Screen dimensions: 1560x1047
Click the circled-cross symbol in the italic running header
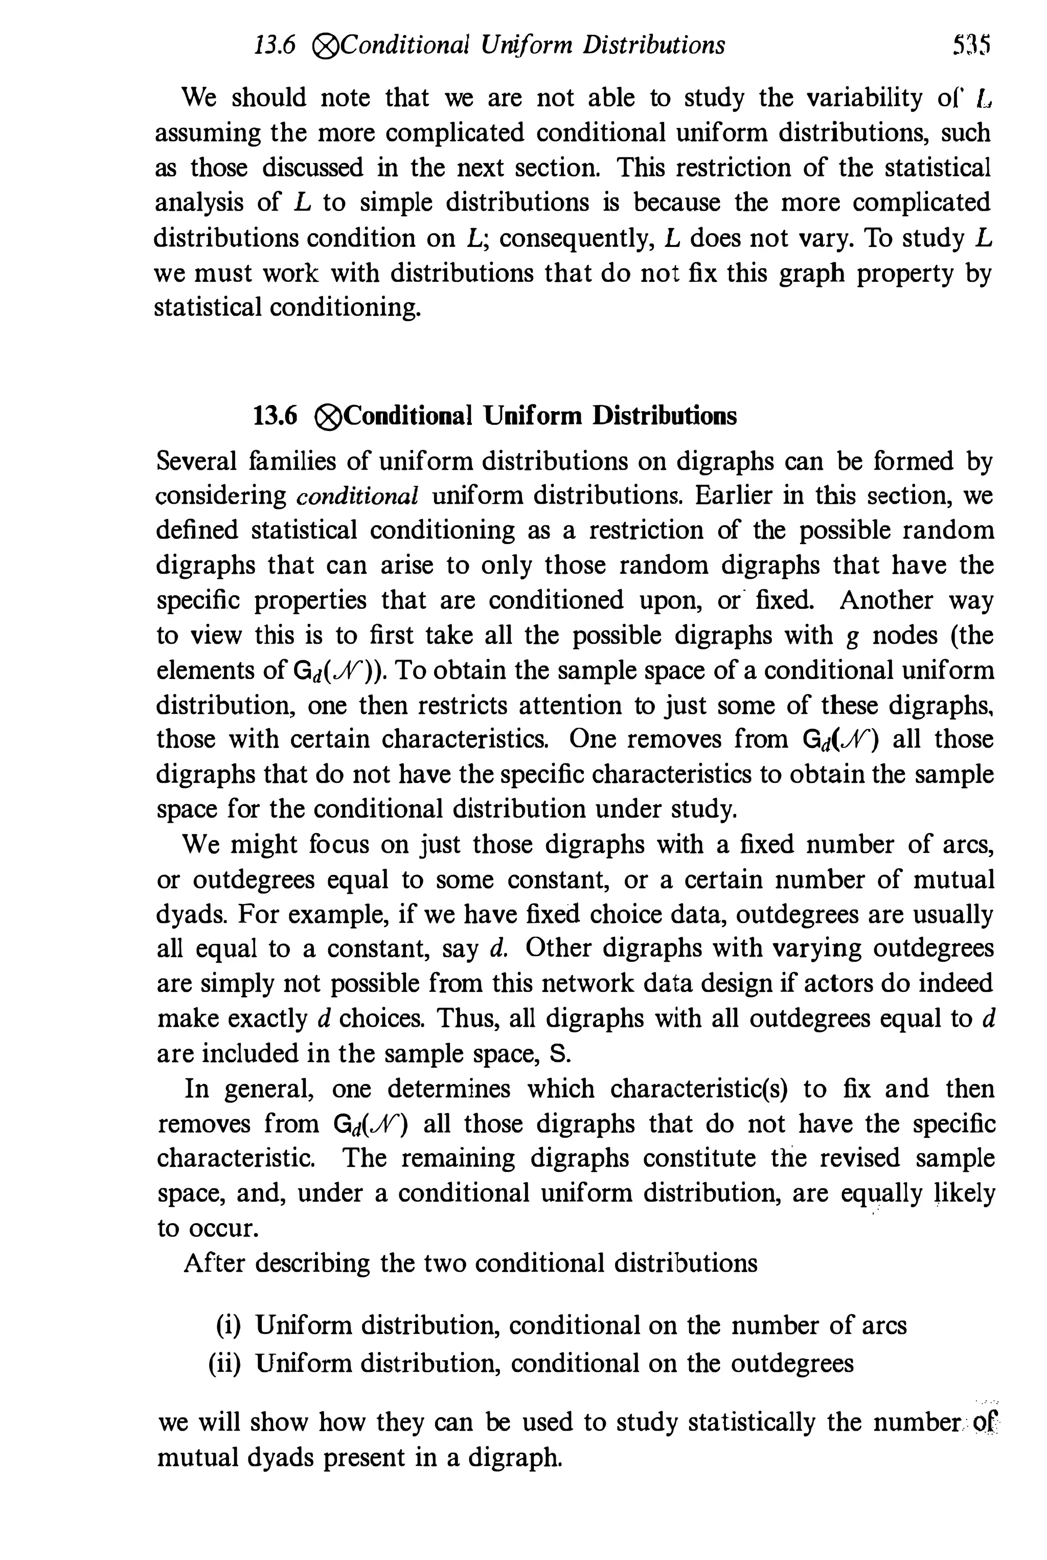326,46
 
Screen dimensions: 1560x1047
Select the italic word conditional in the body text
357,495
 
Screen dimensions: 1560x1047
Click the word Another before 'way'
885,600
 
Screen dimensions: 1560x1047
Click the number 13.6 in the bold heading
275,416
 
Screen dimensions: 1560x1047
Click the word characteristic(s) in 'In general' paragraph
699,1089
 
